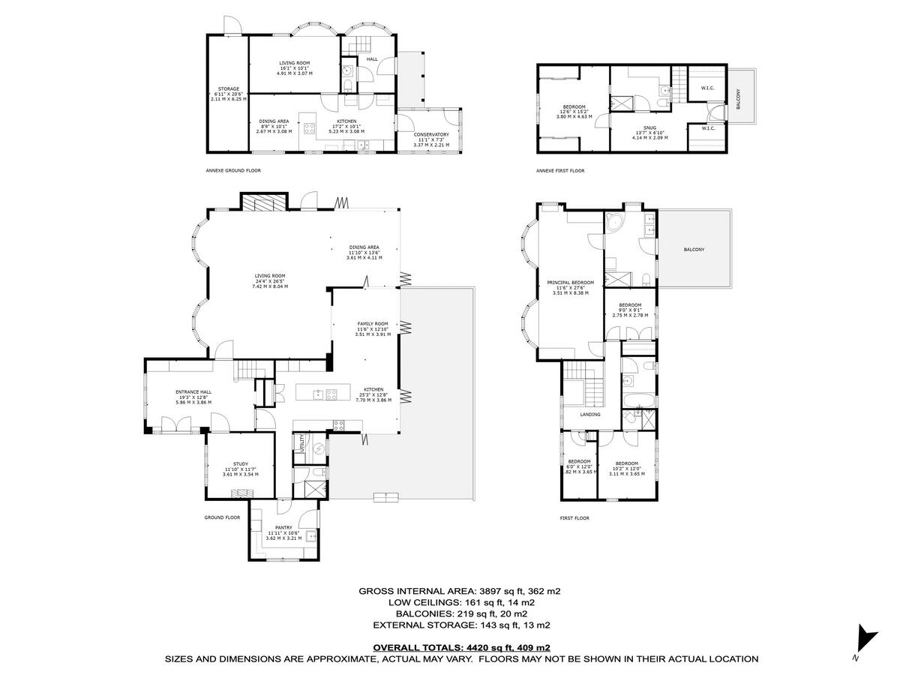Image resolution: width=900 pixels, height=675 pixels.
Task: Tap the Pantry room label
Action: [x=283, y=527]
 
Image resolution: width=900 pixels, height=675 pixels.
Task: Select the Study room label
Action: [x=240, y=464]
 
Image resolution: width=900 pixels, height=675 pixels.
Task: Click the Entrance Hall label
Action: [x=193, y=392]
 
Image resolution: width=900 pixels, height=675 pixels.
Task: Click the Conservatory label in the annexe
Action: [x=430, y=134]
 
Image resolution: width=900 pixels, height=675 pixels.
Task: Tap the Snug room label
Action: [x=645, y=127]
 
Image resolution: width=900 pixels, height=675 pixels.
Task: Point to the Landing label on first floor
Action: [x=589, y=414]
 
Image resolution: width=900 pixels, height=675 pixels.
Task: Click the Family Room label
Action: [x=372, y=324]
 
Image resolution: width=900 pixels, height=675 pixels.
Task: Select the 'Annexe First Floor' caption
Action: [x=560, y=171]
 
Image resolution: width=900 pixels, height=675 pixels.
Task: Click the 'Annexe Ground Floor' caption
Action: [x=233, y=171]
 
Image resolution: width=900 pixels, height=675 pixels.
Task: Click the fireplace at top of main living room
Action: [x=263, y=202]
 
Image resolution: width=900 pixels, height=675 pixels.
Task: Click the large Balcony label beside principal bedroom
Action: [x=694, y=250]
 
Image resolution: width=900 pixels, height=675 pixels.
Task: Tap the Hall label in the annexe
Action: [x=372, y=58]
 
